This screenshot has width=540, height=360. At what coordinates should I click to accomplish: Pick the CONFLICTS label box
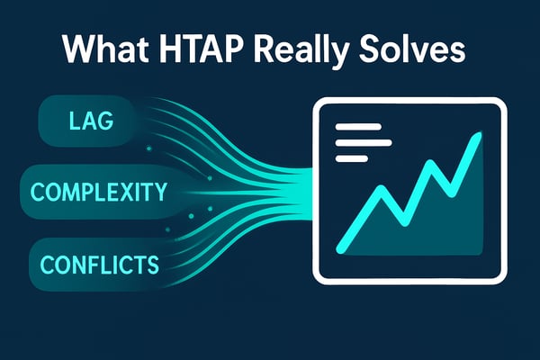click(x=99, y=264)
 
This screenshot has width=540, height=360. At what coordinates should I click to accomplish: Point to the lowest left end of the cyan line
click(x=339, y=247)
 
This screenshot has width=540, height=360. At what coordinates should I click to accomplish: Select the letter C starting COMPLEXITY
click(x=38, y=192)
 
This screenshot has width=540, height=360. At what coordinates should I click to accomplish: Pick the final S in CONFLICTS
click(x=154, y=265)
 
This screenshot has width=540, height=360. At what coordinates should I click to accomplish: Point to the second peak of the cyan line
click(x=435, y=165)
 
